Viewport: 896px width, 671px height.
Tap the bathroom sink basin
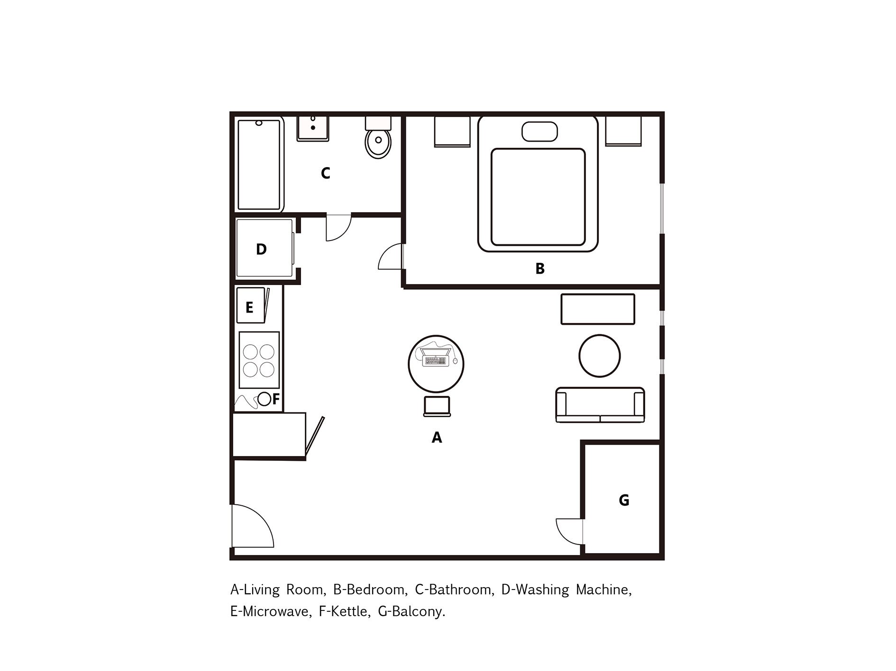point(313,128)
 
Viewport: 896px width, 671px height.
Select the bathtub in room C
point(259,165)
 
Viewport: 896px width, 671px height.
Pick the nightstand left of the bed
point(452,132)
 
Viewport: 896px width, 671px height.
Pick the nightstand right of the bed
point(623,131)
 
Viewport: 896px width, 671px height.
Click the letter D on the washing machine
point(261,250)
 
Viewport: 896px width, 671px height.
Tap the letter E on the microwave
point(249,308)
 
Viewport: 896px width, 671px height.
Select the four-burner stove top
point(259,360)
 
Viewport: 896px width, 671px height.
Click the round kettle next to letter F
point(264,399)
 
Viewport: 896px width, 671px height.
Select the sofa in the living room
point(600,405)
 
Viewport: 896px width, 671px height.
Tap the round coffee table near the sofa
point(599,356)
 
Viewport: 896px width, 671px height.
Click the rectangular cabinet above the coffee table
point(597,309)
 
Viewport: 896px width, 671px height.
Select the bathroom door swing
point(338,228)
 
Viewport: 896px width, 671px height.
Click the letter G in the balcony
point(624,500)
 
